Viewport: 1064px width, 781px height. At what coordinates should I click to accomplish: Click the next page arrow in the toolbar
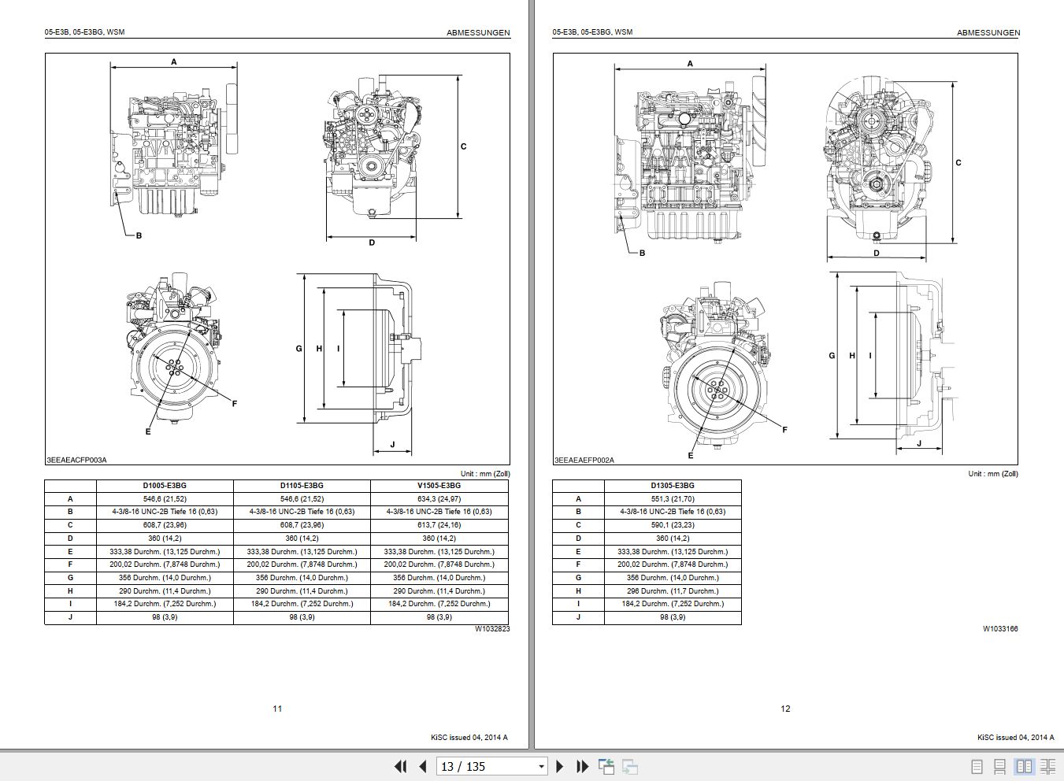click(x=560, y=766)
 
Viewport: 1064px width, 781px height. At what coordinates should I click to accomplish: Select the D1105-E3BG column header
click(x=302, y=486)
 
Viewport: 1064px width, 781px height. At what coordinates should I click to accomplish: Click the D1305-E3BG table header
click(x=673, y=486)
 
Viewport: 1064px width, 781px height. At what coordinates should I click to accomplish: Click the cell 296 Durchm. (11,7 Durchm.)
click(x=673, y=590)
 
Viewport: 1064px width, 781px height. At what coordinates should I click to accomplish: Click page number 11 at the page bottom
click(x=277, y=709)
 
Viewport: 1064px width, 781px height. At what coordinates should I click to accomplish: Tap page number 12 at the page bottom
click(x=785, y=709)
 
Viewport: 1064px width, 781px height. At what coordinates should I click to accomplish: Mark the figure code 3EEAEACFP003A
click(x=76, y=459)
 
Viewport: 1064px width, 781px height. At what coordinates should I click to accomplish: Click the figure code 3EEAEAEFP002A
click(x=584, y=459)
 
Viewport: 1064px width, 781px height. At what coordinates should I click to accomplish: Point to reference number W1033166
click(x=999, y=629)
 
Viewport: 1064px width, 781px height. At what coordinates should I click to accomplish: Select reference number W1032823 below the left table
click(x=491, y=629)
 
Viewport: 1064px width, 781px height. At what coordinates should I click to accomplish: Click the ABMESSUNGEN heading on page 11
click(x=478, y=33)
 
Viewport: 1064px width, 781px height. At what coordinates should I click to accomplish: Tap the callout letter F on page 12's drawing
click(x=784, y=430)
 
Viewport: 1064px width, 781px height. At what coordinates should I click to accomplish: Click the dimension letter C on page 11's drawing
click(x=463, y=146)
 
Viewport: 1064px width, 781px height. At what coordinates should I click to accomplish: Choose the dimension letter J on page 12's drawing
click(x=918, y=444)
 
